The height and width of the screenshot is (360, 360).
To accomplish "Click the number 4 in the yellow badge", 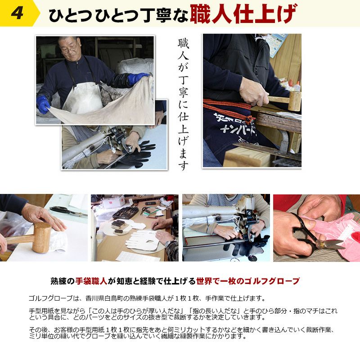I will point(18,13).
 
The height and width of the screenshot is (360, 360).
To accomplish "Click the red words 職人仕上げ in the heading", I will point(243,13).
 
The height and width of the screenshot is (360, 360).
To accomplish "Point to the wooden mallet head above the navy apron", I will point(294,101).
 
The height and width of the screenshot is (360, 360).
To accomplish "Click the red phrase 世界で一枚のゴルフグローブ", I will point(247,281).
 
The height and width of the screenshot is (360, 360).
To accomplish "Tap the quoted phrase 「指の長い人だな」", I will point(211,311).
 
